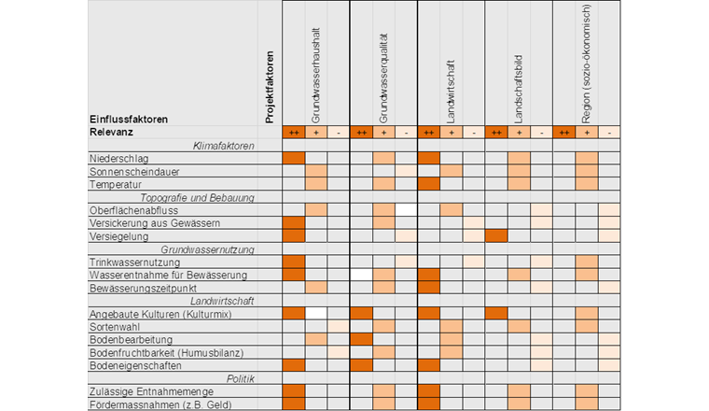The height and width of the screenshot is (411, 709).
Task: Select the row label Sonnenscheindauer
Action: click(134, 172)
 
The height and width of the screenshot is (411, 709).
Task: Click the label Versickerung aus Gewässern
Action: click(154, 224)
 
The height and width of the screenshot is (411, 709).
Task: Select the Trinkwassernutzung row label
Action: click(133, 263)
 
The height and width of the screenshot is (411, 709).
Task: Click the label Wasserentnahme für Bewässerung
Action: click(167, 276)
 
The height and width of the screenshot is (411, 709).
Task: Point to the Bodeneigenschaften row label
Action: click(137, 366)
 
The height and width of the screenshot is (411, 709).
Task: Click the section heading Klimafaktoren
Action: click(223, 146)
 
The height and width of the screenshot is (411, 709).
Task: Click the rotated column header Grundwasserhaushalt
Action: click(316, 75)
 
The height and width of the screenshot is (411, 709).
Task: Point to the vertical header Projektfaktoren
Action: click(270, 86)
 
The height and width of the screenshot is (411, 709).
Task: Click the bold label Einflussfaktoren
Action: click(129, 119)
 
